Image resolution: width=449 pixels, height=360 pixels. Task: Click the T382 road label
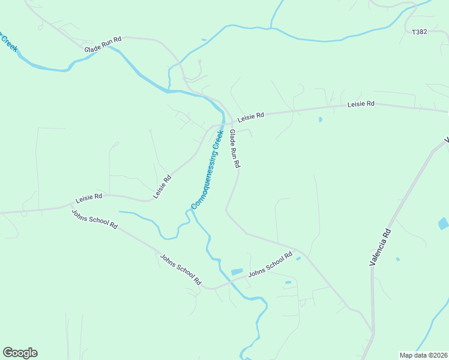tap(420, 32)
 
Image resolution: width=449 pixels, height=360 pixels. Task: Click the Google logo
tap(20, 353)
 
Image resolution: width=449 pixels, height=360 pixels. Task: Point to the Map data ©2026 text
tap(423, 355)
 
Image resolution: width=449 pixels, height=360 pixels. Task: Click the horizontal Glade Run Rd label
tap(103, 38)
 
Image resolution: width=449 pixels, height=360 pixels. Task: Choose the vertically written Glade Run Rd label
tap(235, 148)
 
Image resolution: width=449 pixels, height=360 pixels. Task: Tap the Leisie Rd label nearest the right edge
tap(361, 104)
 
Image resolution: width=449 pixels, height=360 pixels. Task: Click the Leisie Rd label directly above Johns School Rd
tap(89, 197)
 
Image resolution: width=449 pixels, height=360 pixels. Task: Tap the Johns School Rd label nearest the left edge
tap(94, 218)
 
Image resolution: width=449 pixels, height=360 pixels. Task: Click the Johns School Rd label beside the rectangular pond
tap(270, 264)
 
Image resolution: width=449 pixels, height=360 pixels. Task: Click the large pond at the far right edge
tap(443, 224)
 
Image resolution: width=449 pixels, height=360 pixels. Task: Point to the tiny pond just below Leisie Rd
tap(321, 119)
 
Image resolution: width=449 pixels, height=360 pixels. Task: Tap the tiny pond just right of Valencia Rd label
tap(397, 259)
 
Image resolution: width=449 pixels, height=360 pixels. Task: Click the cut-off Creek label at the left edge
tap(8, 42)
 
